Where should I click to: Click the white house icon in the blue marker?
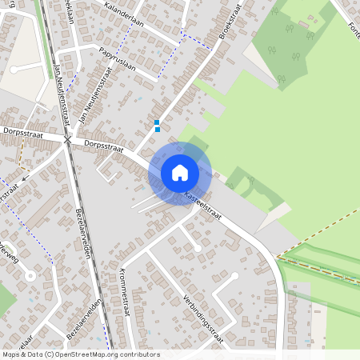click(x=180, y=172)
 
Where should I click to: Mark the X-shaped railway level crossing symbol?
click(x=68, y=140)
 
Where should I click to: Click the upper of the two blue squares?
click(x=157, y=122)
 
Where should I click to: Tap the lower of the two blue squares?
click(x=157, y=130)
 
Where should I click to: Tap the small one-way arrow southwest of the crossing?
click(x=25, y=179)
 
